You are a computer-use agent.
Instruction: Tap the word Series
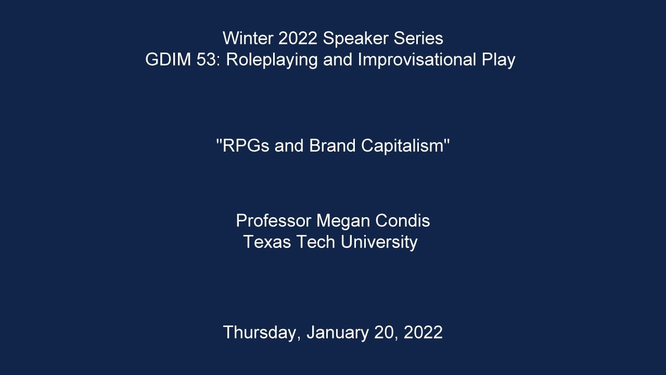point(418,38)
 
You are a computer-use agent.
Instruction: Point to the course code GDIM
point(168,59)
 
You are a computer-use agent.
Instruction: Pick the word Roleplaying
point(272,60)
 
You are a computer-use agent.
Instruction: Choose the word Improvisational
point(417,59)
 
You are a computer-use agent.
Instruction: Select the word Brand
point(332,145)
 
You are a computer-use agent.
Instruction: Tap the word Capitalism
point(402,146)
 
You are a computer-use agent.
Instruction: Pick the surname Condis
point(403,220)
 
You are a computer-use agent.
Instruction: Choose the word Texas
point(267,242)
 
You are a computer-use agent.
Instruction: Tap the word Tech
point(316,242)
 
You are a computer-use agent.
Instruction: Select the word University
point(379,242)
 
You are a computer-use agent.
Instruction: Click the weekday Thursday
point(262,333)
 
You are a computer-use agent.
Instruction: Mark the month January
point(338,333)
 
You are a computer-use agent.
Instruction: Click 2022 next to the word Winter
point(298,38)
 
